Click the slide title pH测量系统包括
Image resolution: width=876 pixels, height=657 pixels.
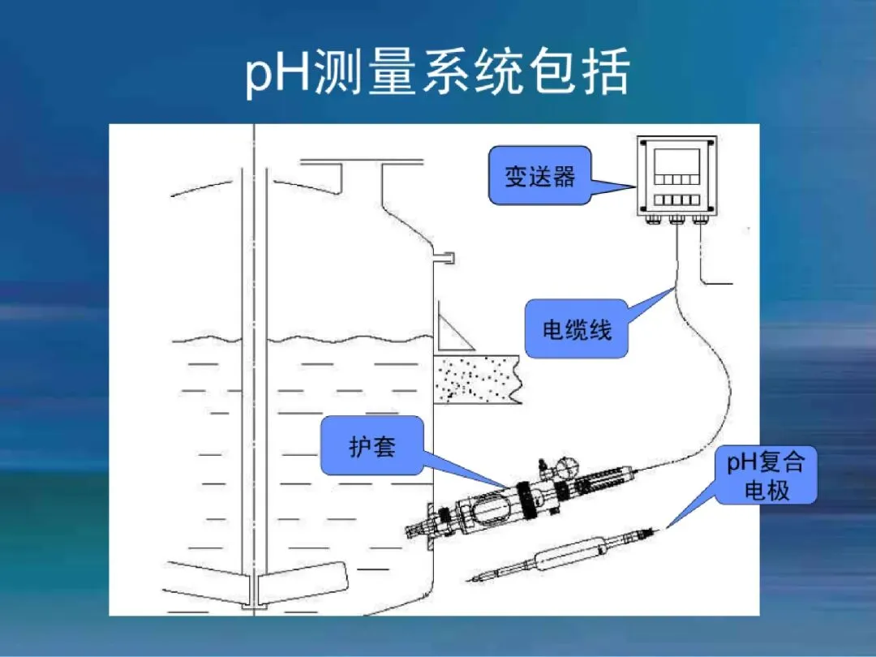[438, 75]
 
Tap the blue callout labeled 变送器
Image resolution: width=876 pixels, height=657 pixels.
[539, 177]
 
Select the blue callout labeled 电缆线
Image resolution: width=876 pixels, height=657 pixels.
[577, 329]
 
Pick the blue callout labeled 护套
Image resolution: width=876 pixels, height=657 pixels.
[372, 445]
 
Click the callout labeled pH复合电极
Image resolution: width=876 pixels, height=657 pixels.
[766, 475]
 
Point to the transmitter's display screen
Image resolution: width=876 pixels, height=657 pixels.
[676, 158]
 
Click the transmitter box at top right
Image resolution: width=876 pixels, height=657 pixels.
[676, 179]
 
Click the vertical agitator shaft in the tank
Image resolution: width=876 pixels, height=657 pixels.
[254, 365]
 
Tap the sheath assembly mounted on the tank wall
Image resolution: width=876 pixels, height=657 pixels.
[519, 503]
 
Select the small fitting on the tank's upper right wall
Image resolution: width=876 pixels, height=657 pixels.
[444, 259]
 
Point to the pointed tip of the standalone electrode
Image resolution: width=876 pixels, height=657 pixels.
[472, 578]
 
